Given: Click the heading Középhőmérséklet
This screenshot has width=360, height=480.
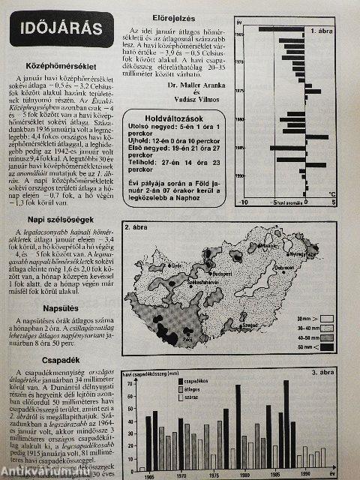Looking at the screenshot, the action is [x=58, y=67].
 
